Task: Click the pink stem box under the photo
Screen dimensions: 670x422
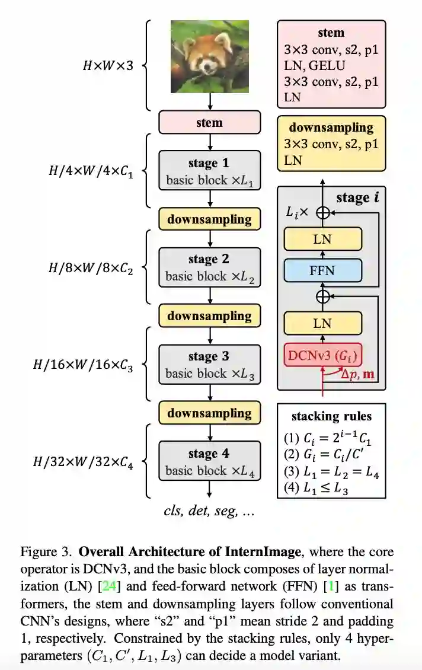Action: click(x=209, y=122)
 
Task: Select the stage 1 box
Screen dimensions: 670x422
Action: click(x=209, y=170)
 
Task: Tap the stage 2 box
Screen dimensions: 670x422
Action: click(x=209, y=267)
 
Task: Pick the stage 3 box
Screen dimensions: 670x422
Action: click(x=209, y=365)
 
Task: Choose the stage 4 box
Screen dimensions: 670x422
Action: click(x=209, y=461)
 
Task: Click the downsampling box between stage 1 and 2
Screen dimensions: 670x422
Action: click(x=209, y=219)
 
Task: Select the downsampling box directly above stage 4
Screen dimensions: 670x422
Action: click(x=209, y=413)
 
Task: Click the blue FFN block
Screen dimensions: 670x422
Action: click(x=322, y=270)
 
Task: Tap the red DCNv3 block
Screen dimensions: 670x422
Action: click(x=323, y=355)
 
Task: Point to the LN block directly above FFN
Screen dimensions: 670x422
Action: click(x=322, y=239)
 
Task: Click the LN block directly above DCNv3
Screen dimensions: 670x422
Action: click(x=322, y=324)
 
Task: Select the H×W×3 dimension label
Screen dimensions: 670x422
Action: click(x=107, y=65)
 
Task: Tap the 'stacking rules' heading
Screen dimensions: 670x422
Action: click(x=331, y=416)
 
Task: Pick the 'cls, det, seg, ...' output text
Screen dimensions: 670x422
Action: click(x=209, y=510)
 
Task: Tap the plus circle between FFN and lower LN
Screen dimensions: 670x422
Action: click(x=322, y=296)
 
